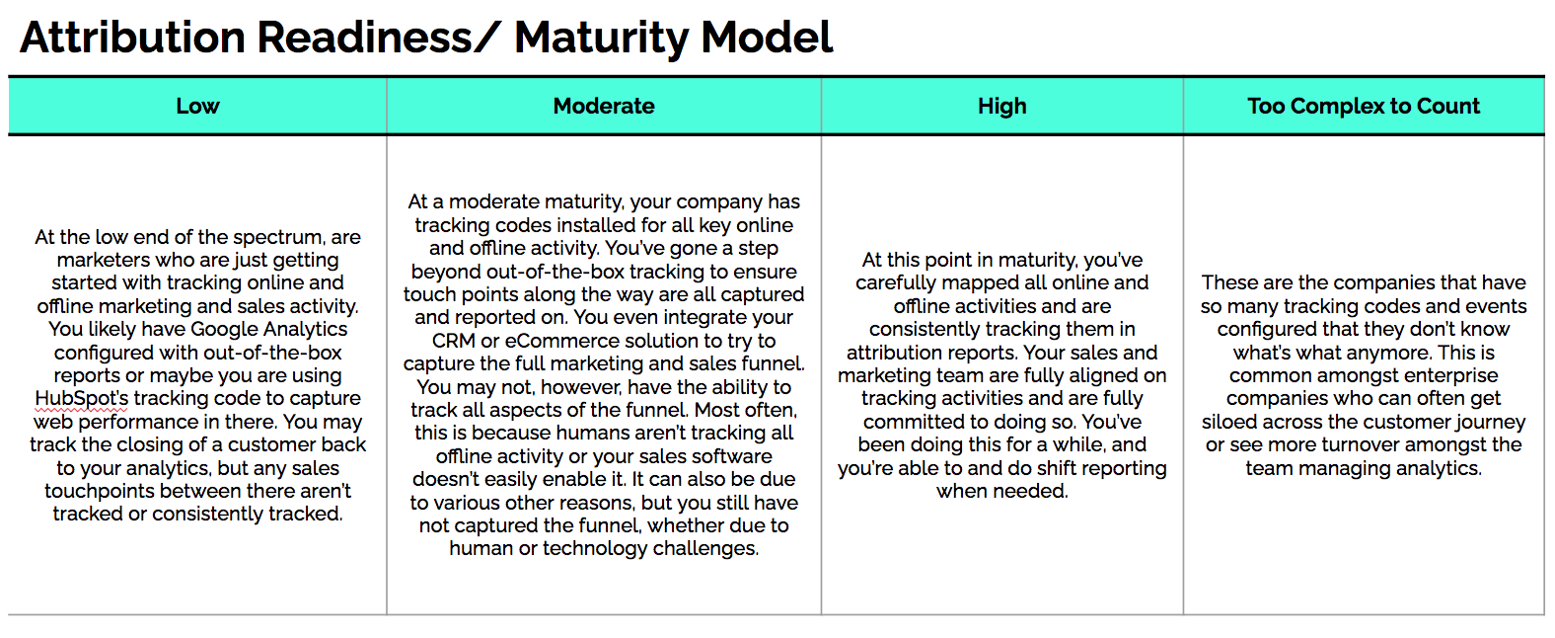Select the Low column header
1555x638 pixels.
pyautogui.click(x=198, y=106)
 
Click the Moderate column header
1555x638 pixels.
pyautogui.click(x=604, y=106)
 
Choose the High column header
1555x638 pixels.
pyautogui.click(x=1001, y=106)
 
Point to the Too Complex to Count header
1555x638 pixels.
pyautogui.click(x=1364, y=106)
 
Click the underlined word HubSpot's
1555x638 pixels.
pyautogui.click(x=82, y=398)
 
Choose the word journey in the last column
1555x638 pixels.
pyautogui.click(x=1490, y=422)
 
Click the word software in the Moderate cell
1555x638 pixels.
pyautogui.click(x=729, y=456)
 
